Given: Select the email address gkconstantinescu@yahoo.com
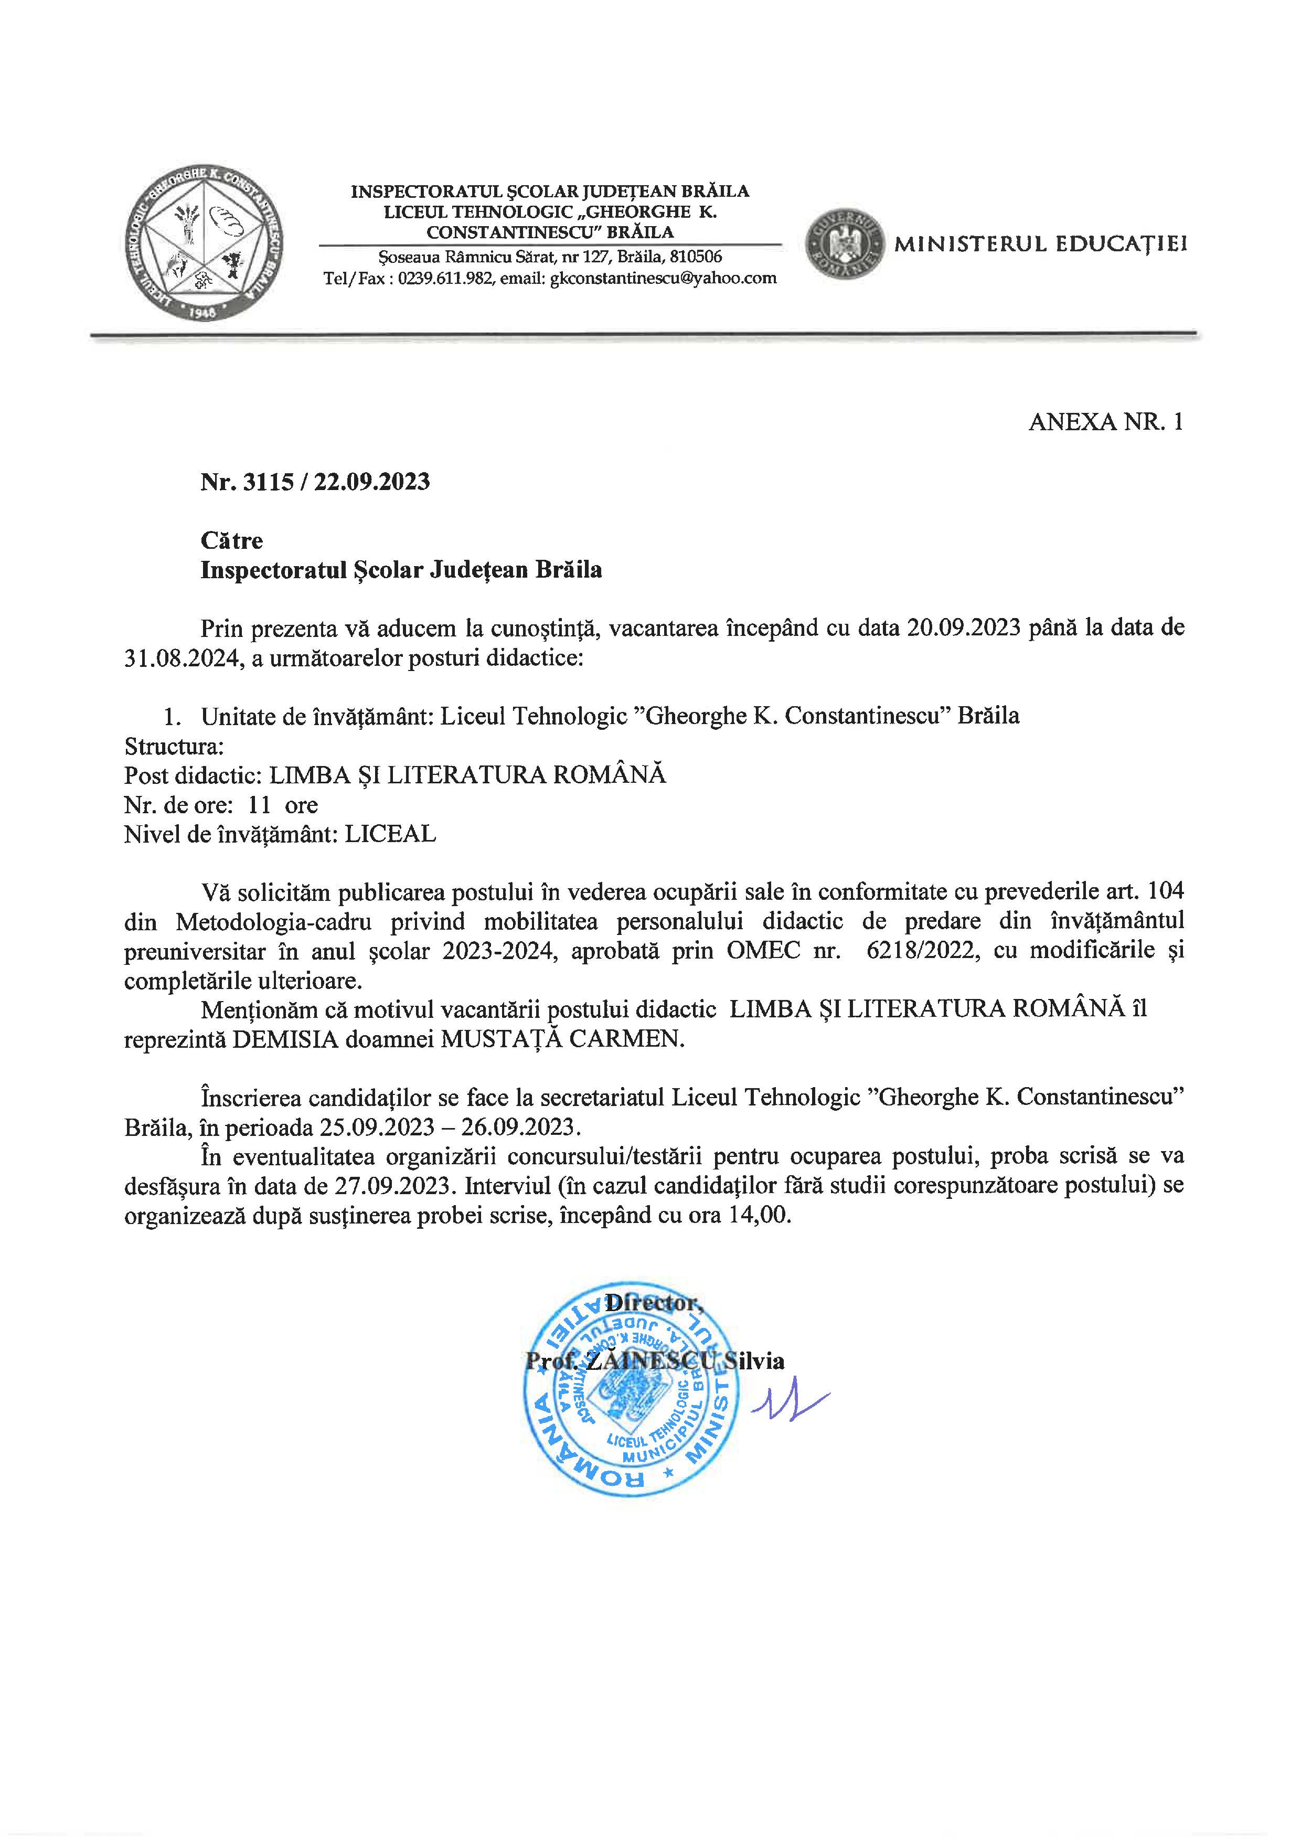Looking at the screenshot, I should coord(663,278).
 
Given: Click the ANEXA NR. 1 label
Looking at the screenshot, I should coord(1105,422).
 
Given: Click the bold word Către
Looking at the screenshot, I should coord(231,541).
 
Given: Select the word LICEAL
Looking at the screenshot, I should coord(390,834).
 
